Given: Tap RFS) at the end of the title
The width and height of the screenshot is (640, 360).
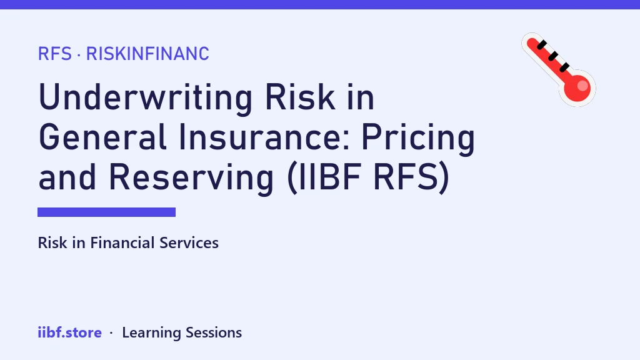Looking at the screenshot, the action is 411,177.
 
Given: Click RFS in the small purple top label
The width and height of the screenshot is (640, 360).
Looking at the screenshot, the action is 55,54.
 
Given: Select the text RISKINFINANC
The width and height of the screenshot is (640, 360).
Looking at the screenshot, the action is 147,54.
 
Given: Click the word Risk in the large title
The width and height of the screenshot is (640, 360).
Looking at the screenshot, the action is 299,97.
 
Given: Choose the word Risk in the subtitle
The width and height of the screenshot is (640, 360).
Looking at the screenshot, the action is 52,243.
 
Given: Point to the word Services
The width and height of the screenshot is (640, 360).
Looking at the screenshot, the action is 189,243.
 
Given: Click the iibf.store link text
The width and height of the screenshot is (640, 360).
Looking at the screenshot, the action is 70,332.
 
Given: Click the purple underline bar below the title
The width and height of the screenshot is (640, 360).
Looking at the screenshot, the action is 106,212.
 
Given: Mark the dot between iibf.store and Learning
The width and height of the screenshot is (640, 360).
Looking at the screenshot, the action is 111,333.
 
